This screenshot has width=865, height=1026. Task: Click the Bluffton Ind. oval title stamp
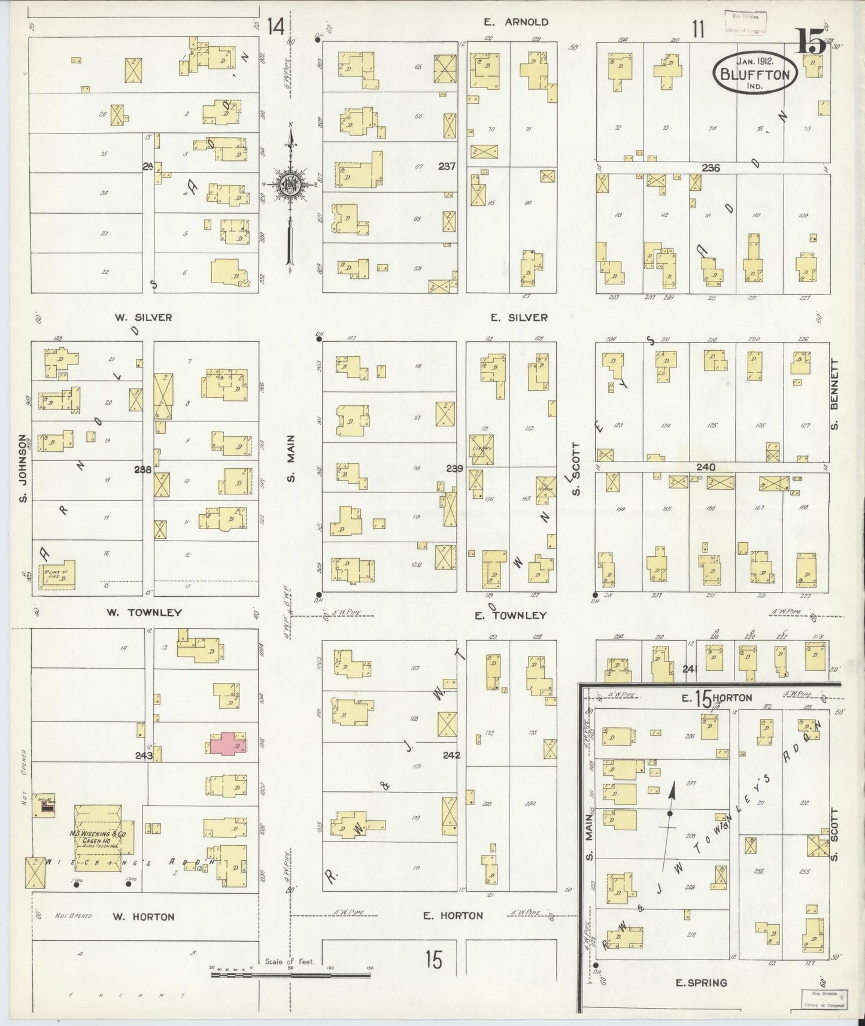pyautogui.click(x=755, y=71)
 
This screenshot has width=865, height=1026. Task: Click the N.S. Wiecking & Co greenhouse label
pyautogui.click(x=98, y=836)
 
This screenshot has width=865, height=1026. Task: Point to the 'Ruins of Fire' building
pyautogui.click(x=57, y=576)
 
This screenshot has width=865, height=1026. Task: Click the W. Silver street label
pyautogui.click(x=144, y=317)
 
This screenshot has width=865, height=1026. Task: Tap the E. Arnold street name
pyautogui.click(x=516, y=22)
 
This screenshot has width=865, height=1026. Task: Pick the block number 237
pyautogui.click(x=447, y=167)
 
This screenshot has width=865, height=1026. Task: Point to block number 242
pyautogui.click(x=451, y=755)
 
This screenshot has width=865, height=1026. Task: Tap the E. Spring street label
pyautogui.click(x=700, y=982)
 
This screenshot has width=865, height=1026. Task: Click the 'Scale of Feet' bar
pyautogui.click(x=290, y=975)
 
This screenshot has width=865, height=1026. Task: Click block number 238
pyautogui.click(x=142, y=470)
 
